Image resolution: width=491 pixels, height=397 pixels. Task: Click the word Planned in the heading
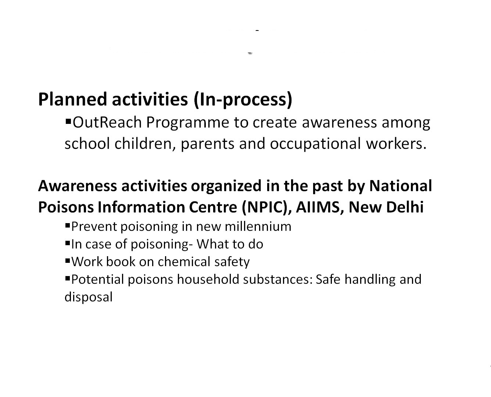pos(72,100)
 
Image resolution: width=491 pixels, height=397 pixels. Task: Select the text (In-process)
pos(243,100)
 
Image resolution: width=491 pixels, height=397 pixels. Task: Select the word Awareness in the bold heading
pos(78,186)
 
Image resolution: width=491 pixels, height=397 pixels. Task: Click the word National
pos(401,186)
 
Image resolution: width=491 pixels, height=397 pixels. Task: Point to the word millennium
pos(258,227)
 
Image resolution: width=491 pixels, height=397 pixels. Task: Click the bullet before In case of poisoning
pos(68,243)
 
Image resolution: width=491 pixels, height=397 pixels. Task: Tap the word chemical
pos(184,262)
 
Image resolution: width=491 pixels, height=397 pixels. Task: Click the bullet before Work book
pos(68,261)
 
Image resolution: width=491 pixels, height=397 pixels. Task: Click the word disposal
pos(89,297)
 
